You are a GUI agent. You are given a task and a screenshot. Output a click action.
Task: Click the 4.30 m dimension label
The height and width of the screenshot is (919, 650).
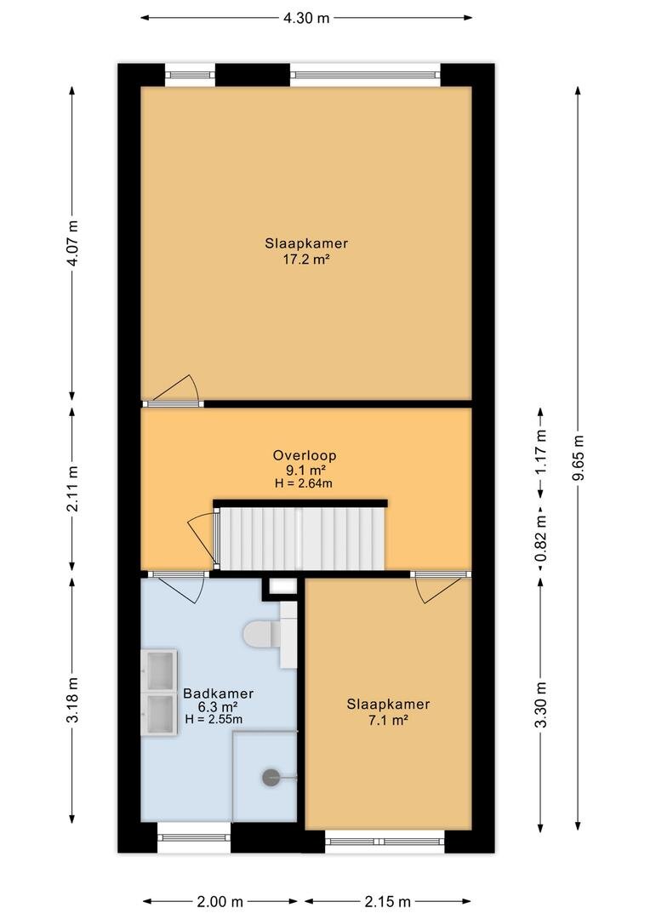tap(306, 18)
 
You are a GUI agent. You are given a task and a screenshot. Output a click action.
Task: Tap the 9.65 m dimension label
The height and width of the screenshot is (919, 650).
tap(578, 458)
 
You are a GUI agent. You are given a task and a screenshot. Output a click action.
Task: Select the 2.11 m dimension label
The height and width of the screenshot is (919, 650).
tap(72, 488)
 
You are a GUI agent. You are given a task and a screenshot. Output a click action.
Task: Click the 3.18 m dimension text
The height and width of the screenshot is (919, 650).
tap(72, 699)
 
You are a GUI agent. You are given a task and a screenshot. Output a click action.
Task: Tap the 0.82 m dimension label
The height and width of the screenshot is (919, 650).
tap(541, 538)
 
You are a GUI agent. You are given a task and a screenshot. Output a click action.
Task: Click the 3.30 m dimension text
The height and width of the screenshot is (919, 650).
tap(541, 705)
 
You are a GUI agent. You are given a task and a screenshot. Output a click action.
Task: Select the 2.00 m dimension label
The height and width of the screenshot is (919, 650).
tap(220, 901)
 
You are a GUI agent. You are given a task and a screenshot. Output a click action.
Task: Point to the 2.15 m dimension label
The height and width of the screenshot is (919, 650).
tap(388, 901)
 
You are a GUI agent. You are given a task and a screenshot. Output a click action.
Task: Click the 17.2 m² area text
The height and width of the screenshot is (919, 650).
tap(306, 259)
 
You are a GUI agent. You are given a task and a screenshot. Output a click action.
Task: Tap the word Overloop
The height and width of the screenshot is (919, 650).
tap(305, 455)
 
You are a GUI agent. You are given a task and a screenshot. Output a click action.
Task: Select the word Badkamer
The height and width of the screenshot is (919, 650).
tap(218, 694)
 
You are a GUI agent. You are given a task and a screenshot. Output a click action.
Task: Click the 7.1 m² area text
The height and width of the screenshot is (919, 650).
tap(388, 721)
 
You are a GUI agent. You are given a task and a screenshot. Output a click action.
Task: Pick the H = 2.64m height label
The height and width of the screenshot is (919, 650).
tap(304, 483)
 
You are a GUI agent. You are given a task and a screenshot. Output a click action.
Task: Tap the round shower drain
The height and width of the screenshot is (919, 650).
tap(271, 777)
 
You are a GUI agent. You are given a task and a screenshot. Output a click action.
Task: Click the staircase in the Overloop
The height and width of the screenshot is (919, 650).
tap(301, 538)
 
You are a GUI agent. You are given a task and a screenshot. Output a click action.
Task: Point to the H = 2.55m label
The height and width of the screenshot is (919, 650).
tap(214, 719)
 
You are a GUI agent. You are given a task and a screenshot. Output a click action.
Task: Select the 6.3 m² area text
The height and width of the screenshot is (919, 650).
tap(218, 707)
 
